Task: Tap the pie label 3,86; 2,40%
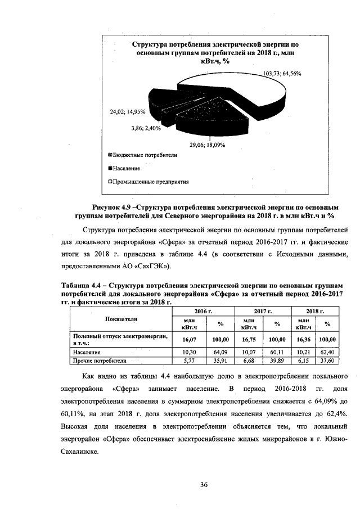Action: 146,128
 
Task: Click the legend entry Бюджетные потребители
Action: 145,154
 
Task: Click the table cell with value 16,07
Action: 188,339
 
